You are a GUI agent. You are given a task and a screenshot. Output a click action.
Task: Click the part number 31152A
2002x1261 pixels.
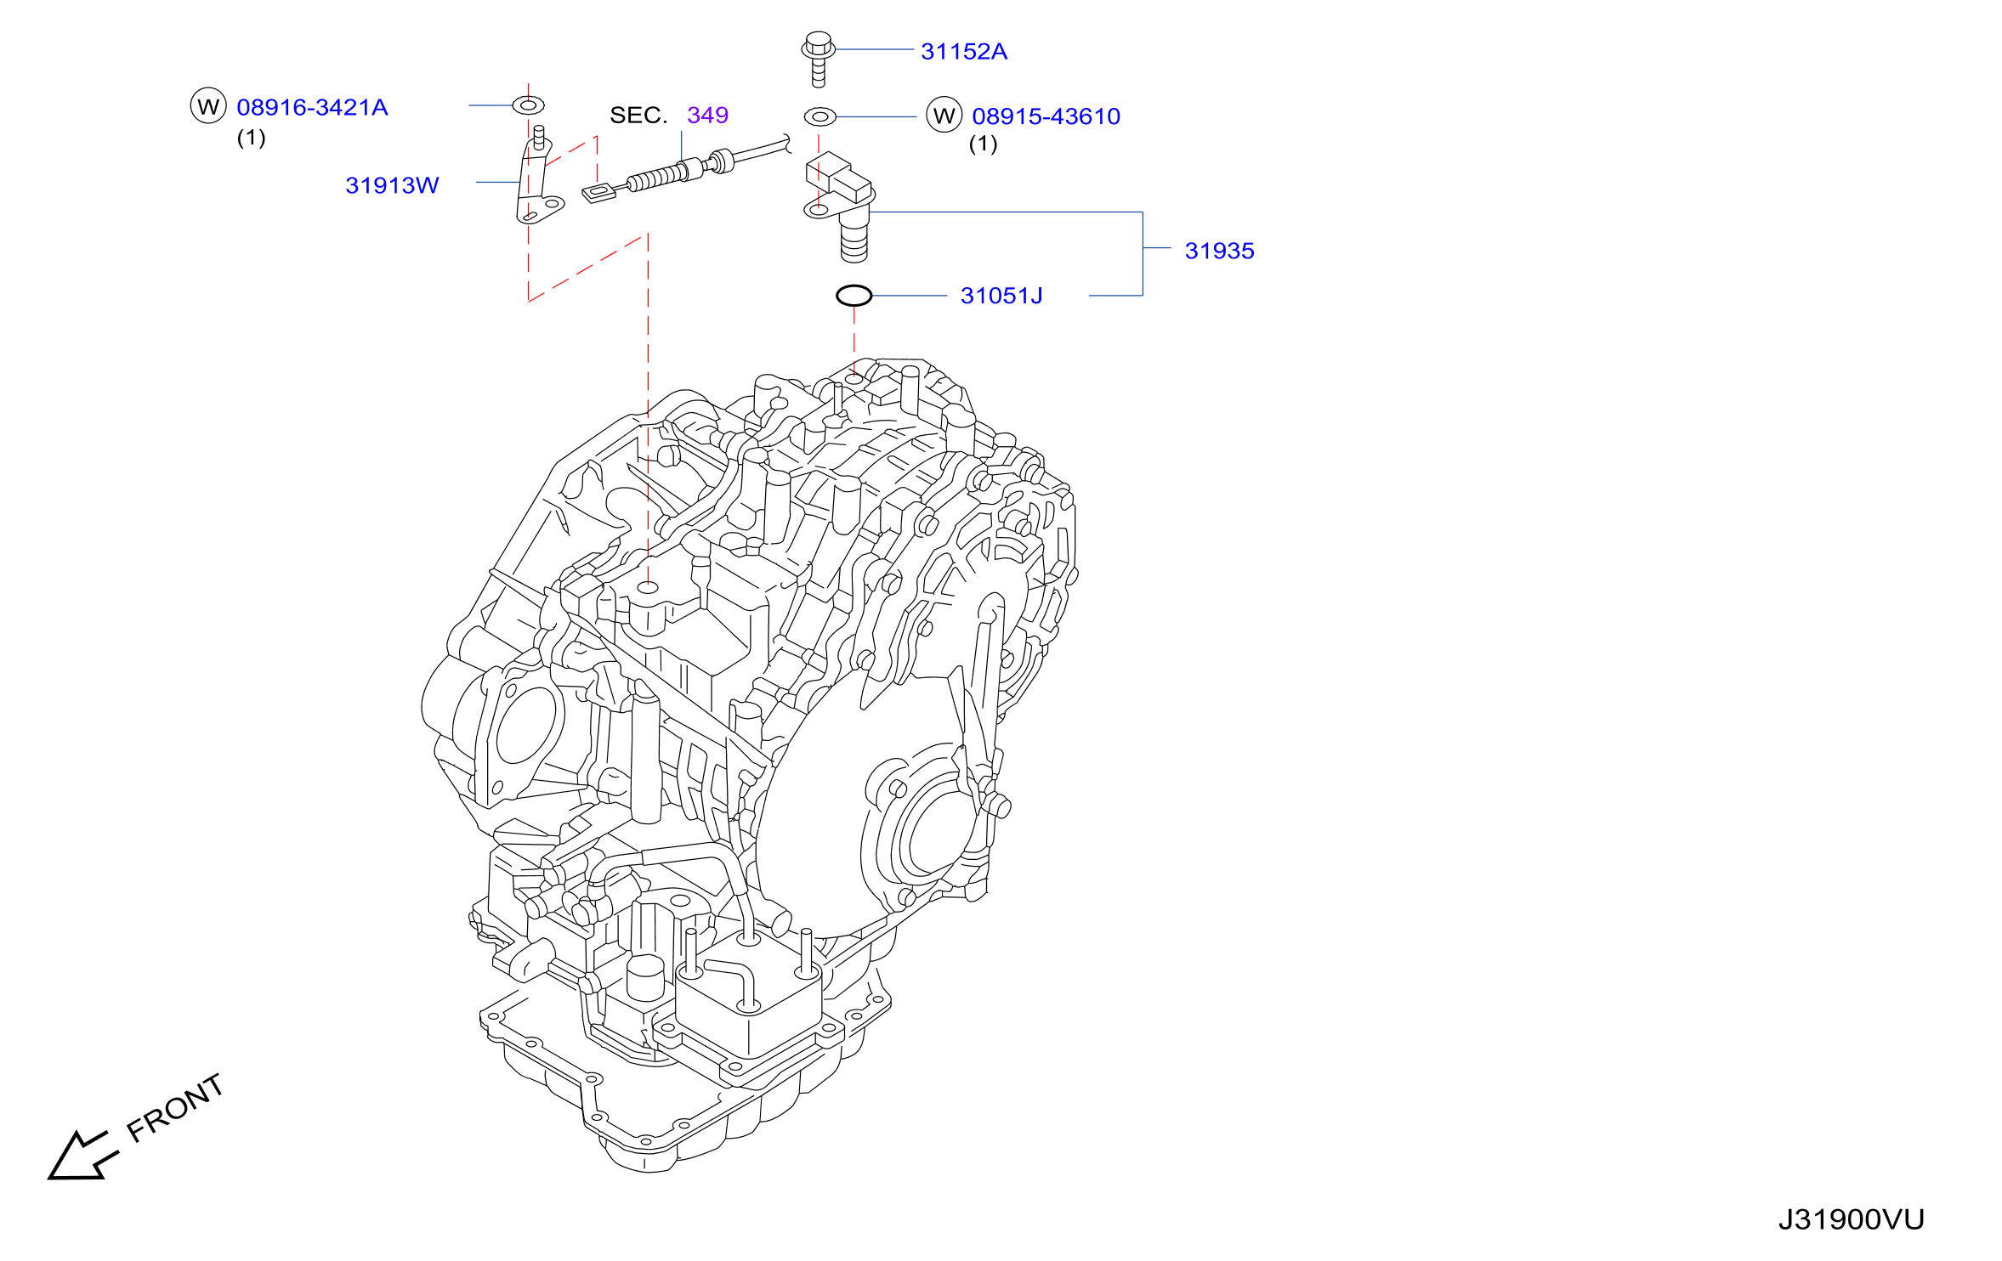(964, 52)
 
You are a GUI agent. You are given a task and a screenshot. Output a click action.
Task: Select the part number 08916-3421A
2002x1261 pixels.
(312, 107)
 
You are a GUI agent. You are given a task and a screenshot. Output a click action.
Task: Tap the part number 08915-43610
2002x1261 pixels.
(1046, 116)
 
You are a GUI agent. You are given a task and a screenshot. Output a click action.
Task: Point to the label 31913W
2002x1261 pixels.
(392, 185)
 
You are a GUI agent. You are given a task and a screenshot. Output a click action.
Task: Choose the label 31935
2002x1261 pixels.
(1219, 251)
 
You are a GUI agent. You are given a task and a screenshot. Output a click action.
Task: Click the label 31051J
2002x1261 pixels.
(1001, 296)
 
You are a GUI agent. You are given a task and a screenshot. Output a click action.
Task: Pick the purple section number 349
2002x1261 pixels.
(707, 115)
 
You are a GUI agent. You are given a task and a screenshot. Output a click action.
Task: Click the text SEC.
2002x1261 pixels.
(638, 115)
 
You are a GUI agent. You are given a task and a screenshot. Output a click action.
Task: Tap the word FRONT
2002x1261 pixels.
(175, 1108)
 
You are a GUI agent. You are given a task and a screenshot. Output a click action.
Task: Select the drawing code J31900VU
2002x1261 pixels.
(1851, 1220)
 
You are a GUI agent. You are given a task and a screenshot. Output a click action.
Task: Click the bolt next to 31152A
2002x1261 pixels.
(818, 59)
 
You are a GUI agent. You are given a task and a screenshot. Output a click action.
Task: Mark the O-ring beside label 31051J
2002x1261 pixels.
(854, 295)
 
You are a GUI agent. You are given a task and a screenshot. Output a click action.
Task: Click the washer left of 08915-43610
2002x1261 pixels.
(820, 116)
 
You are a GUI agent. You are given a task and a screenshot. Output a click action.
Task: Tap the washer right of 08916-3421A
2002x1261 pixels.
(528, 105)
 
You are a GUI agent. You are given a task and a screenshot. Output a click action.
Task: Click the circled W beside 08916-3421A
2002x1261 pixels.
(208, 106)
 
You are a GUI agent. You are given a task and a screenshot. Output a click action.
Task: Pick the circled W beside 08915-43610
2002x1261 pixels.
(944, 116)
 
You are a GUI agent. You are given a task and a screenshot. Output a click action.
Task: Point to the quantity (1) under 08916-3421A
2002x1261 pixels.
(251, 138)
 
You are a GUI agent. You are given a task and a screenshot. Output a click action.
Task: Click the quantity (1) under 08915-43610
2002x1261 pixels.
(983, 144)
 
